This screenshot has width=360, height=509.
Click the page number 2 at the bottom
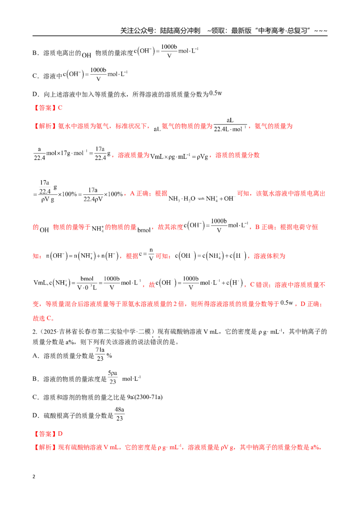click(34, 477)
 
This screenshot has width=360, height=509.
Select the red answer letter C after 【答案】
click(60, 108)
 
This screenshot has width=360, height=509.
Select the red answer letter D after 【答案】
click(60, 434)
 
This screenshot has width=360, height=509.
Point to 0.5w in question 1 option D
click(216, 94)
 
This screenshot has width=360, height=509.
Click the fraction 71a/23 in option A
click(100, 354)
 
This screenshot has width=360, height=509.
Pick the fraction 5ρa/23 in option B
click(112, 377)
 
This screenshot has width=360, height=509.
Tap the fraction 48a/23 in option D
click(119, 414)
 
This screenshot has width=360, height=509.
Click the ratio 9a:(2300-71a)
click(145, 397)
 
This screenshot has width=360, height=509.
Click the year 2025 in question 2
click(49, 331)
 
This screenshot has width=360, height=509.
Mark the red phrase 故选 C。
click(44, 318)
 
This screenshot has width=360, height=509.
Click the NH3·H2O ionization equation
click(202, 198)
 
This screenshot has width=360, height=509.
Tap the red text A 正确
click(139, 193)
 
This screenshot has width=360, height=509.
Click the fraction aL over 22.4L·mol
click(230, 125)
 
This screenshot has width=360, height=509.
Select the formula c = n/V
click(146, 254)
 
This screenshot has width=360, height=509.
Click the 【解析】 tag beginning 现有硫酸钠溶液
click(45, 447)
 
